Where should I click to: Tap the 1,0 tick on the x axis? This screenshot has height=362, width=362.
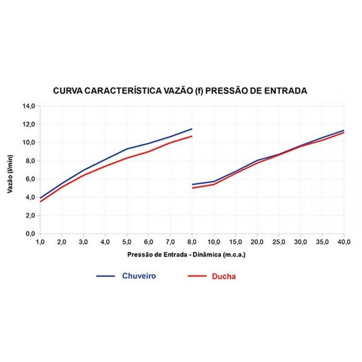click(x=40, y=241)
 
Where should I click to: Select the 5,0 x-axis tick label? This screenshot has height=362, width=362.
click(x=127, y=241)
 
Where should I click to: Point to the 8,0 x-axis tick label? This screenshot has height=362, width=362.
click(x=192, y=241)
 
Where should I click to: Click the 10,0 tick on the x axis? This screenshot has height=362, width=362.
click(x=214, y=241)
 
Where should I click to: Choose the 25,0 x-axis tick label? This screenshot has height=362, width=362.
click(x=279, y=241)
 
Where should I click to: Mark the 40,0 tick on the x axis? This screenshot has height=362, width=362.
click(x=344, y=241)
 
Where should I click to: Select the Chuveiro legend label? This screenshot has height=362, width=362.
click(x=139, y=276)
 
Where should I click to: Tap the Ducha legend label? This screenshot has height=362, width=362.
click(x=224, y=277)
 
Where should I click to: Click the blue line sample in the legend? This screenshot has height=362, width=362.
click(x=105, y=276)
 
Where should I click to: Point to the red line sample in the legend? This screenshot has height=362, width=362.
click(x=197, y=277)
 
